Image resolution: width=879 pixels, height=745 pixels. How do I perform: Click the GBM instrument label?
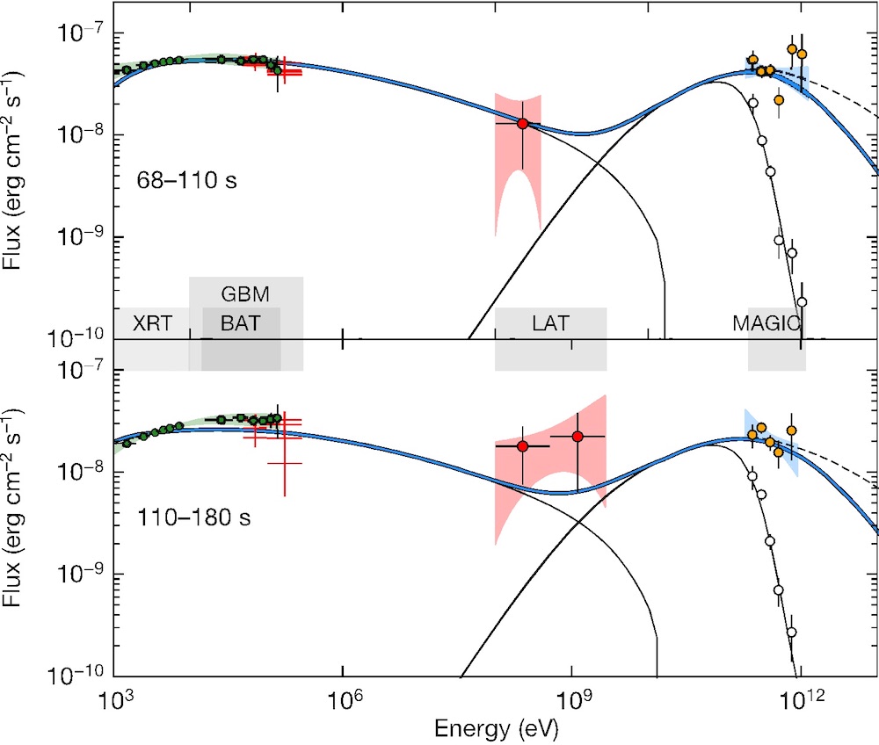245,293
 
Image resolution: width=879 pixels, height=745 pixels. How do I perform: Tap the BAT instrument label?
241,323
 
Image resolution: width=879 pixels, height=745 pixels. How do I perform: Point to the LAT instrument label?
550,323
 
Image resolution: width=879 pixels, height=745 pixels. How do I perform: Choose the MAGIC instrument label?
766,323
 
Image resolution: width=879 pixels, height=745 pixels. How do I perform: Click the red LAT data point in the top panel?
522,124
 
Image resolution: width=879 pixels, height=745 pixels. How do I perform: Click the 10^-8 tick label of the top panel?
83,134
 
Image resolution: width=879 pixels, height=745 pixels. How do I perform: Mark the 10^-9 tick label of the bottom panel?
83,574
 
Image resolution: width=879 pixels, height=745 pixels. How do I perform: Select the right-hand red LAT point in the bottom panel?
578,437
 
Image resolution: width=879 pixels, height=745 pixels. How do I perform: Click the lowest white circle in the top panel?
801,301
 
